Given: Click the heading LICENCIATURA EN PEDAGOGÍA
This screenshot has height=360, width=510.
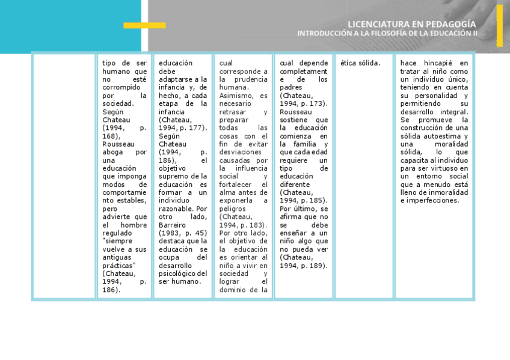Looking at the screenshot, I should tap(411, 24).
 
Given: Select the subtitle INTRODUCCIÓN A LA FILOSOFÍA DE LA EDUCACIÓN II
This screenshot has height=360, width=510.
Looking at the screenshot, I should tap(387, 34).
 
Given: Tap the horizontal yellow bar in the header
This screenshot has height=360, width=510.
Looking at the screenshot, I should tap(144, 25).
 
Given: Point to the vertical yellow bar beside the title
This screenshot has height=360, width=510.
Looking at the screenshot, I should tap(499, 26).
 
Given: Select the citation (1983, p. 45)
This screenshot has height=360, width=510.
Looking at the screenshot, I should tap(183, 233).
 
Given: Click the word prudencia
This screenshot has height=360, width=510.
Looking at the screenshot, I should tap(248, 79).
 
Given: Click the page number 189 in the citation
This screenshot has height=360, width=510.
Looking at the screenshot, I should tap(319, 265).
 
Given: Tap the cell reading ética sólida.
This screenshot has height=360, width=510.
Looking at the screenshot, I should tap(360, 63).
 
